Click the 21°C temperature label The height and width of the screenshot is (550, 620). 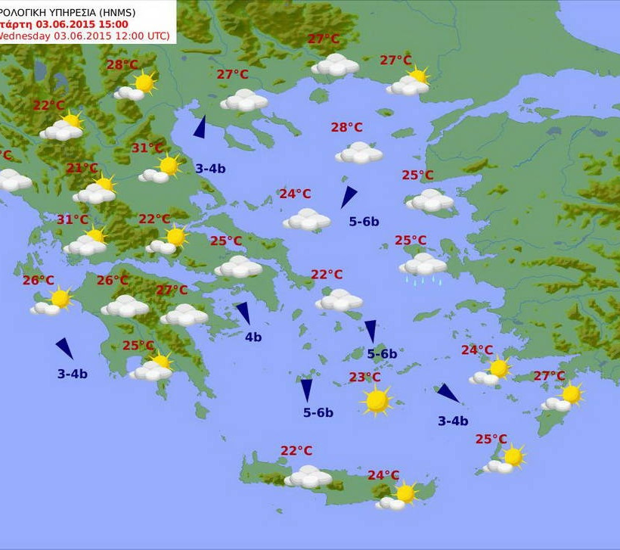82,168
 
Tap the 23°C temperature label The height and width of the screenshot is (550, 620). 364,378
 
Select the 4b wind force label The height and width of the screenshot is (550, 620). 253,337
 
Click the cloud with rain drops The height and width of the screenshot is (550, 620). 423,266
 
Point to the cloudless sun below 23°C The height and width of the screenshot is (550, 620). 377,400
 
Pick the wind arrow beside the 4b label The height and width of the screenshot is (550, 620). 243,312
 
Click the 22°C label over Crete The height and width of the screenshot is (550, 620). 296,451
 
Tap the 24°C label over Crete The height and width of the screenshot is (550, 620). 383,475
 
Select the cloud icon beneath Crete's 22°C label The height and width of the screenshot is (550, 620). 308,477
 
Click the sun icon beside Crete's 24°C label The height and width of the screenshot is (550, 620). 406,493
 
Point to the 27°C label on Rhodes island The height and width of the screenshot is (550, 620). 549,376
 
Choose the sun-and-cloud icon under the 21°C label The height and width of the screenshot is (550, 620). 95,190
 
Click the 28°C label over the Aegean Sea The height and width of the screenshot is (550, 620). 346,127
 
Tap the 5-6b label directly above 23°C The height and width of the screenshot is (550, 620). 382,353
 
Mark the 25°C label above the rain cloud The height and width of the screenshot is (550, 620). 411,241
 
